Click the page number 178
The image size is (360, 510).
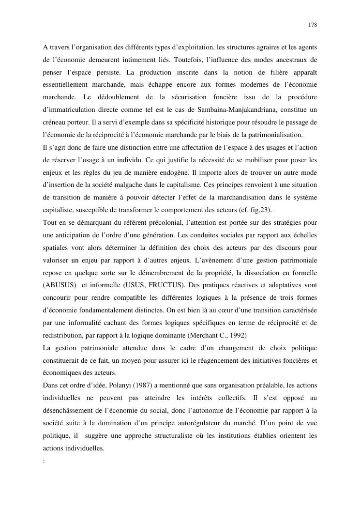[313, 24]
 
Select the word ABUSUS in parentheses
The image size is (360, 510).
[57, 285]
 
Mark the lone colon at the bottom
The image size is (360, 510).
[44, 461]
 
